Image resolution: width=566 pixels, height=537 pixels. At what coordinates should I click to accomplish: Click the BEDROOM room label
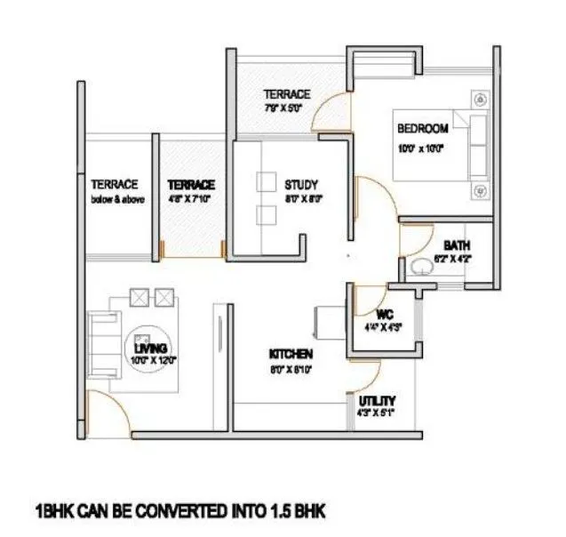pyautogui.click(x=422, y=128)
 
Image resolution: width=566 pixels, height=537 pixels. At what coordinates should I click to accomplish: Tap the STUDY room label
pyautogui.click(x=300, y=185)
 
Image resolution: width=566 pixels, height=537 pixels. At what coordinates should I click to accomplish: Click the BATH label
pyautogui.click(x=457, y=245)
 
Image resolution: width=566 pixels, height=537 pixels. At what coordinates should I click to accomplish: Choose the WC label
pyautogui.click(x=384, y=314)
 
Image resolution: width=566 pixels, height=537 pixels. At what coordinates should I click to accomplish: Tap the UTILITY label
pyautogui.click(x=378, y=401)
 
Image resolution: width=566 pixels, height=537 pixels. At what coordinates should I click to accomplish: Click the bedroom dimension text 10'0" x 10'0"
pyautogui.click(x=420, y=148)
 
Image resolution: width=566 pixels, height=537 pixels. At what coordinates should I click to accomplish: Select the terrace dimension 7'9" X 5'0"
pyautogui.click(x=283, y=108)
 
